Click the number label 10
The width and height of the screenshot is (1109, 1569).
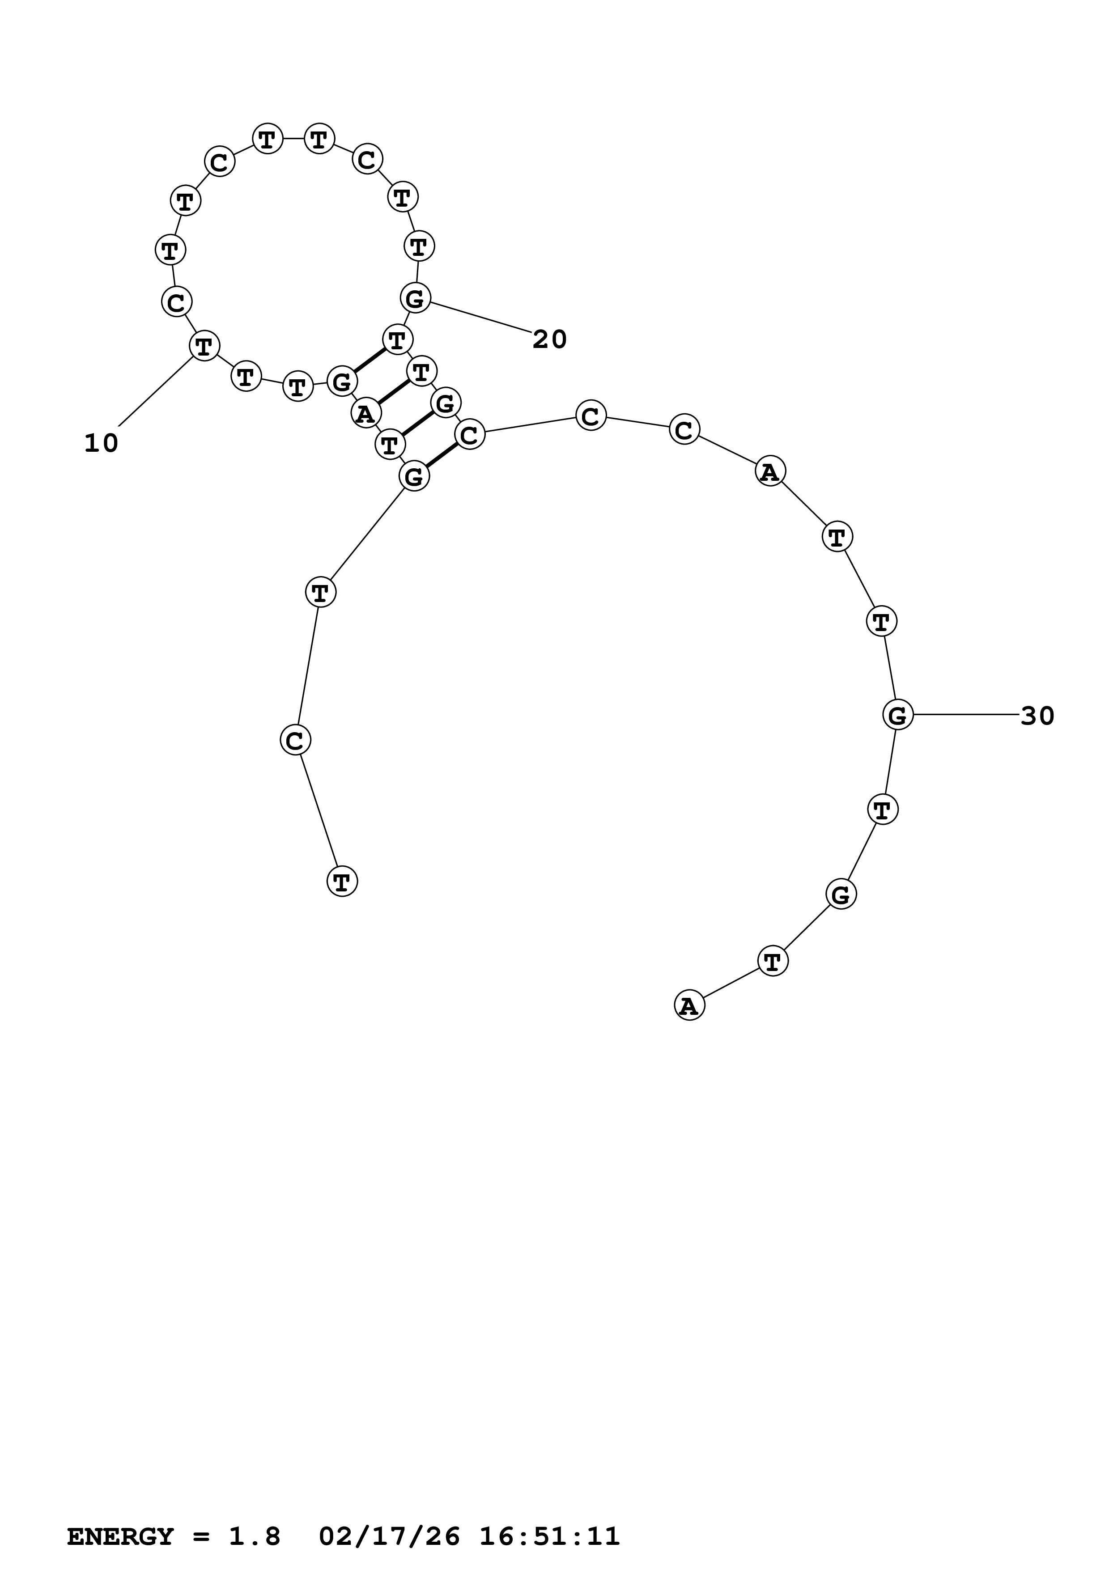click(x=101, y=444)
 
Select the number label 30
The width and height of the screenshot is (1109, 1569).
click(x=1037, y=716)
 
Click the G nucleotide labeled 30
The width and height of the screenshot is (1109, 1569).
click(x=897, y=715)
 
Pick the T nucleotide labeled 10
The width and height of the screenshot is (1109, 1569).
click(x=204, y=346)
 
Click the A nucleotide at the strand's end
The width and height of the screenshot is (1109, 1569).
click(x=689, y=1006)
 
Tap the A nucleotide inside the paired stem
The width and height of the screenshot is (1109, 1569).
click(x=365, y=413)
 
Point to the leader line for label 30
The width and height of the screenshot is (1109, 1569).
click(x=965, y=715)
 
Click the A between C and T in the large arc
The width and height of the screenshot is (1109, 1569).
click(x=770, y=471)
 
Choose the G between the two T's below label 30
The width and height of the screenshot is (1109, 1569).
click(x=841, y=894)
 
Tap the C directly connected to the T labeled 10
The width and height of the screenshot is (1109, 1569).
click(x=176, y=301)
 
